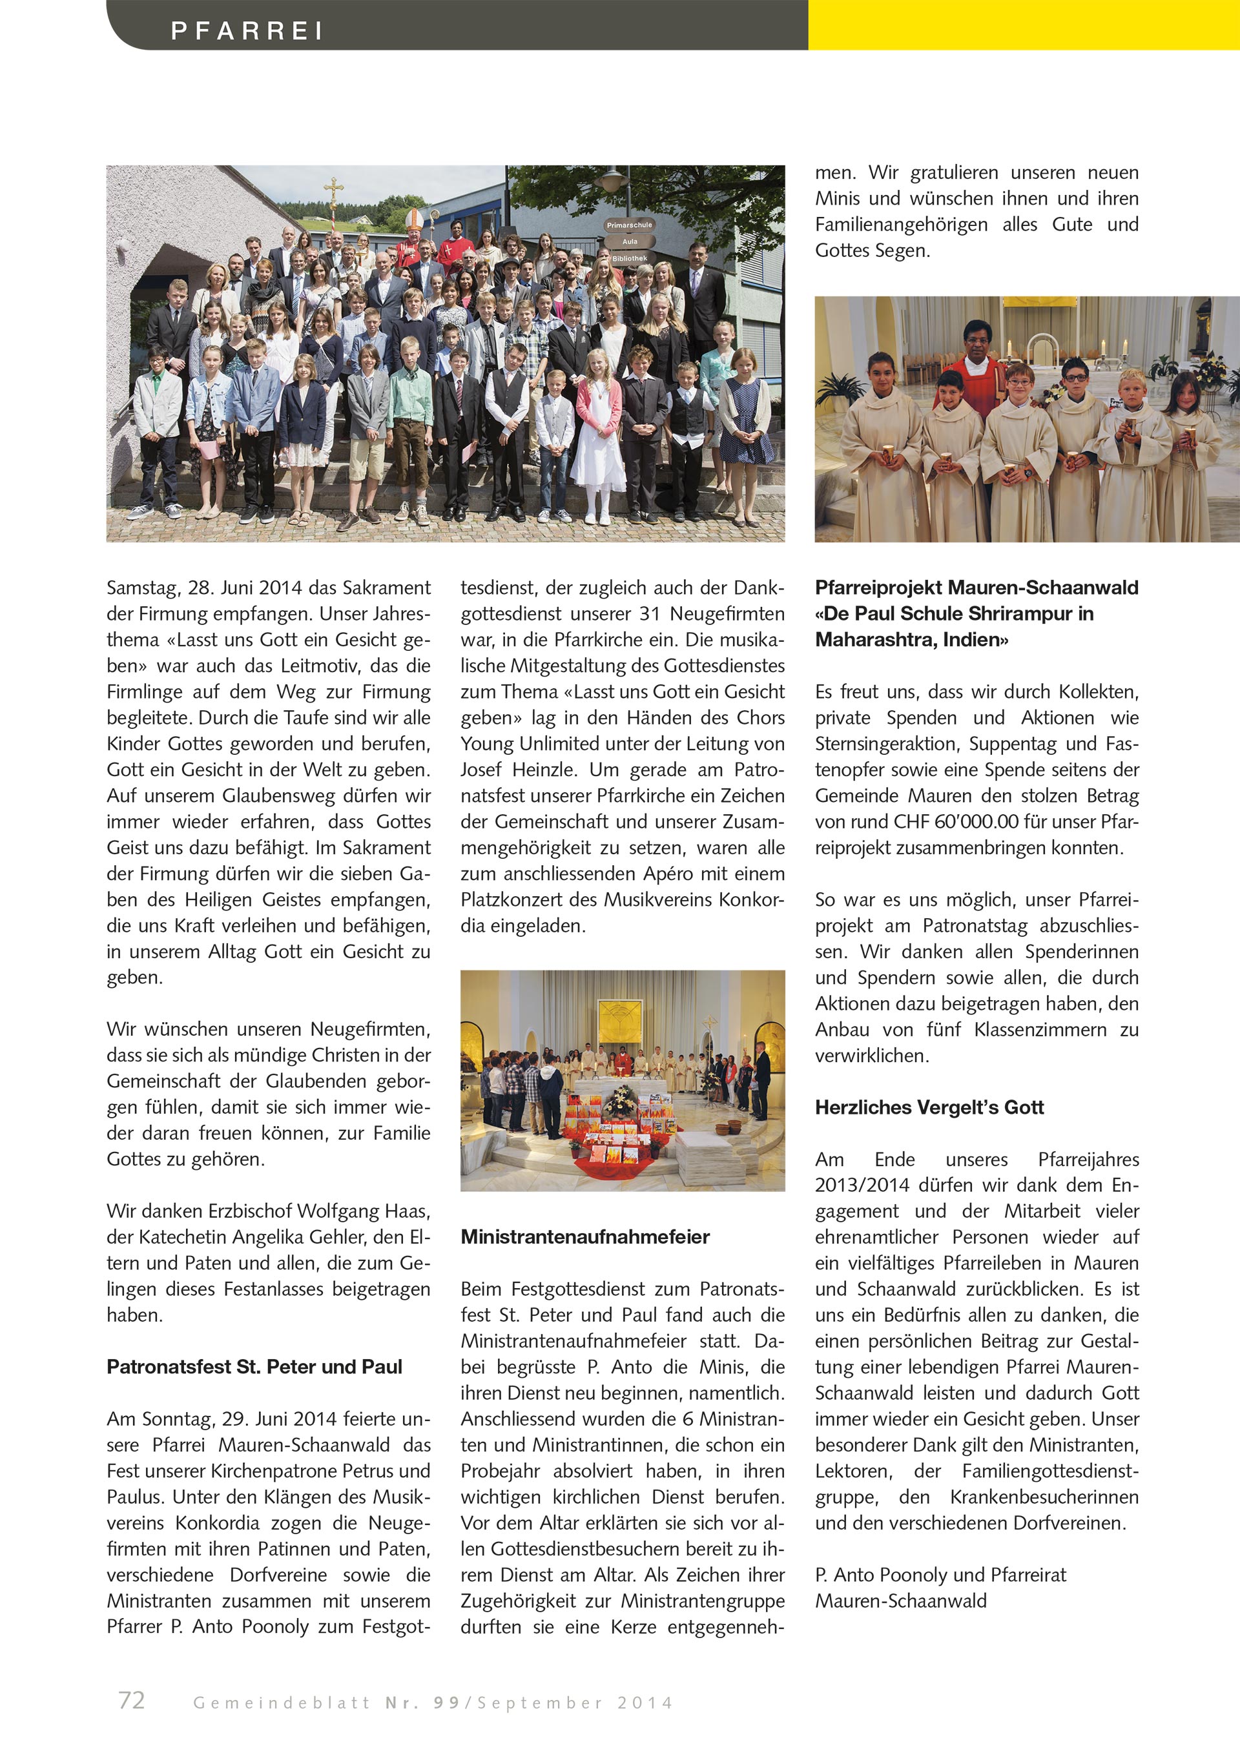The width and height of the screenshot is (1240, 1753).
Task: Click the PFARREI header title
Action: pos(247,30)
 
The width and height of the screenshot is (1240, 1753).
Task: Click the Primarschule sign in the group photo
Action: pos(629,225)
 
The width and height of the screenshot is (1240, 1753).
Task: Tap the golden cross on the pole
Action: pos(333,187)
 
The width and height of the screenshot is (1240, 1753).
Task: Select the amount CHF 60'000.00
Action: pos(935,821)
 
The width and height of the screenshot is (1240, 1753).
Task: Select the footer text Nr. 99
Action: pos(422,1702)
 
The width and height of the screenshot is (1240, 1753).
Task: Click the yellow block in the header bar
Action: pos(1023,25)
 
